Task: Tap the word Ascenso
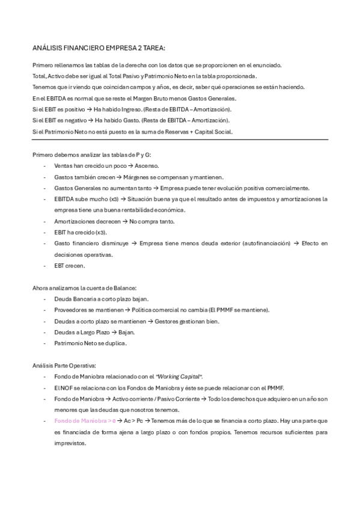(x=147, y=165)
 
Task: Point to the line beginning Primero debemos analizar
(x=83, y=155)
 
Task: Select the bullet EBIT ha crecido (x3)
(x=80, y=232)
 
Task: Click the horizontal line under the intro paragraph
(x=180, y=140)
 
